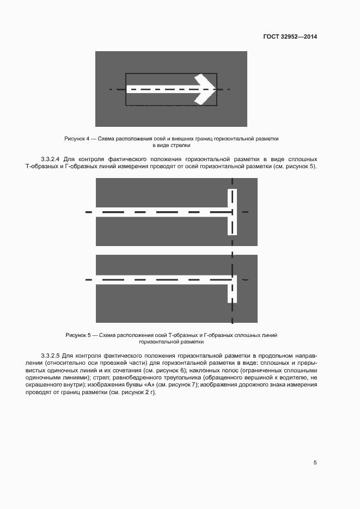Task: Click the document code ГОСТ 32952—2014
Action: pyautogui.click(x=290, y=36)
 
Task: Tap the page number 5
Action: pyautogui.click(x=315, y=463)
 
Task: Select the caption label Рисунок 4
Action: pyautogui.click(x=76, y=139)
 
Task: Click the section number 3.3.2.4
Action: pyautogui.click(x=53, y=159)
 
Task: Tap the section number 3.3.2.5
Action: pyautogui.click(x=53, y=354)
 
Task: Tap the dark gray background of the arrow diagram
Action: pyautogui.click(x=109, y=114)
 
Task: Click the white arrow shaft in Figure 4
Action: pyautogui.click(x=158, y=89)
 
